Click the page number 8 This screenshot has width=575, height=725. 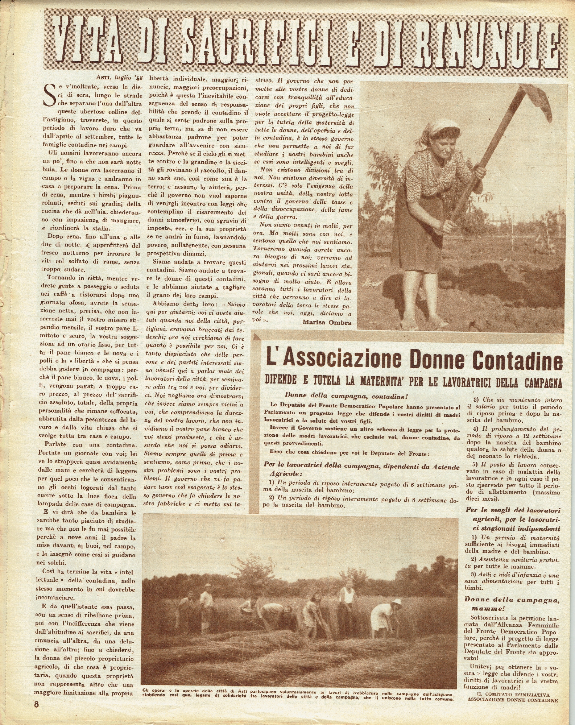point(36,704)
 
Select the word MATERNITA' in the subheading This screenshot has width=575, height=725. point(385,382)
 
